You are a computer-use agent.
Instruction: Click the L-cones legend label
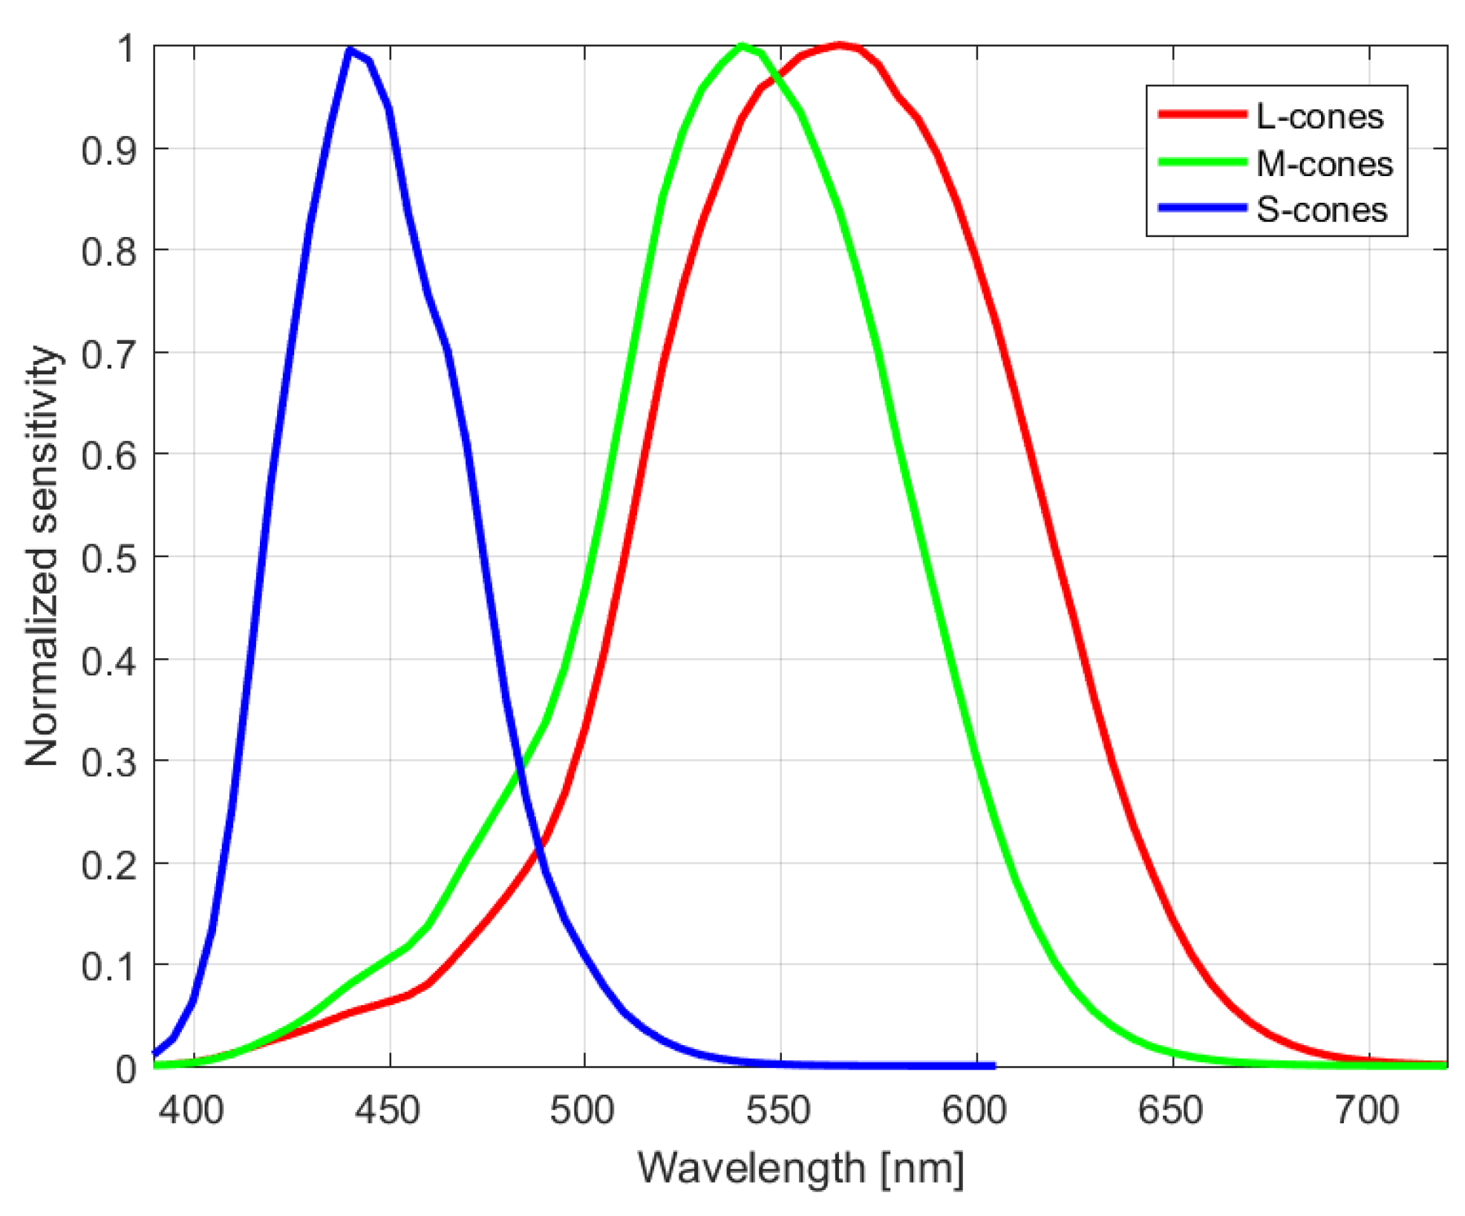[1319, 117]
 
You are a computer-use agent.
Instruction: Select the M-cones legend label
[1324, 163]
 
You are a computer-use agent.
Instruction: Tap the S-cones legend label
[1321, 210]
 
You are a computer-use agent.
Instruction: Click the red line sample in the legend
[1202, 114]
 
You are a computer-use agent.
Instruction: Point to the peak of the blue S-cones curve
[350, 50]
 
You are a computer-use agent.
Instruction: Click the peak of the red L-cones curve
[840, 46]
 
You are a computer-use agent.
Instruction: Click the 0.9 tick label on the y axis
[109, 152]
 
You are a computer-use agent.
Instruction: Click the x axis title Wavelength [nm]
[800, 1168]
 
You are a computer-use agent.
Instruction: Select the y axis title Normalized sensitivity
[42, 556]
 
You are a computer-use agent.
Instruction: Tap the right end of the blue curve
[993, 1066]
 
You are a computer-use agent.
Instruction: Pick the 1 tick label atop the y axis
[126, 49]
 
